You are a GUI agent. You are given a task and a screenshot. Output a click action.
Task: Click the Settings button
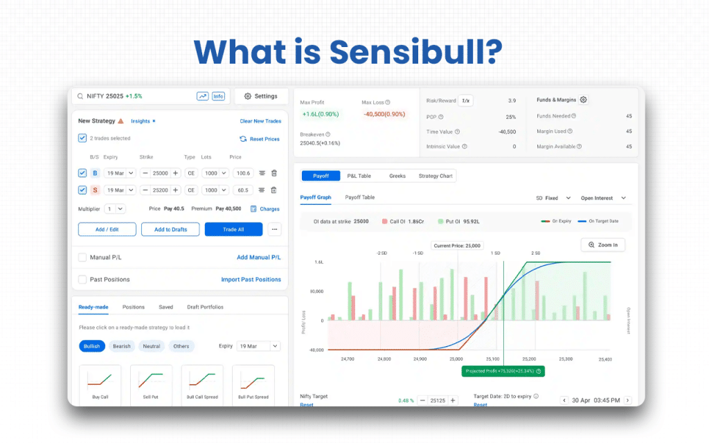tap(261, 96)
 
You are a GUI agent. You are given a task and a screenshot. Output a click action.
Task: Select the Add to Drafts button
tap(170, 229)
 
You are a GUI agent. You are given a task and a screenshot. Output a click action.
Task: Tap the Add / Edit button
tap(107, 229)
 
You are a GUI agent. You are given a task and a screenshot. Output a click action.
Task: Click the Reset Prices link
tap(260, 139)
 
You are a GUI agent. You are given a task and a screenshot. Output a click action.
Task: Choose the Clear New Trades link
tap(260, 121)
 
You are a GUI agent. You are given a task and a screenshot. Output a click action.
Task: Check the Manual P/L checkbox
tap(82, 257)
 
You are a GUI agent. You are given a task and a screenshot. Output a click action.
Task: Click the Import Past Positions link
tap(251, 280)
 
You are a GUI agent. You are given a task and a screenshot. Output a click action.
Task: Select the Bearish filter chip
tap(122, 346)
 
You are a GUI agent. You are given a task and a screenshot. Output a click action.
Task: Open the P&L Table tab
tap(359, 176)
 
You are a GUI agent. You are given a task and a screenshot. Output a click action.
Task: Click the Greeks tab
tap(397, 176)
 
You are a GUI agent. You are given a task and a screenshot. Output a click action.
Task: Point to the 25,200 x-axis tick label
tap(529, 359)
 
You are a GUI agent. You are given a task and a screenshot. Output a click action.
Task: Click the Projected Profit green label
tap(503, 371)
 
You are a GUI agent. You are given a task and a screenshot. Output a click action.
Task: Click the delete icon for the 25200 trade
tap(273, 190)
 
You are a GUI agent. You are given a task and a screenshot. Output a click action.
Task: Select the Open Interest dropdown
tap(603, 198)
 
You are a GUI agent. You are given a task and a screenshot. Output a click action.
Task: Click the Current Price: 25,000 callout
tap(456, 246)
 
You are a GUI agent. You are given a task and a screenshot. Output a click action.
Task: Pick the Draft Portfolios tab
tap(205, 307)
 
